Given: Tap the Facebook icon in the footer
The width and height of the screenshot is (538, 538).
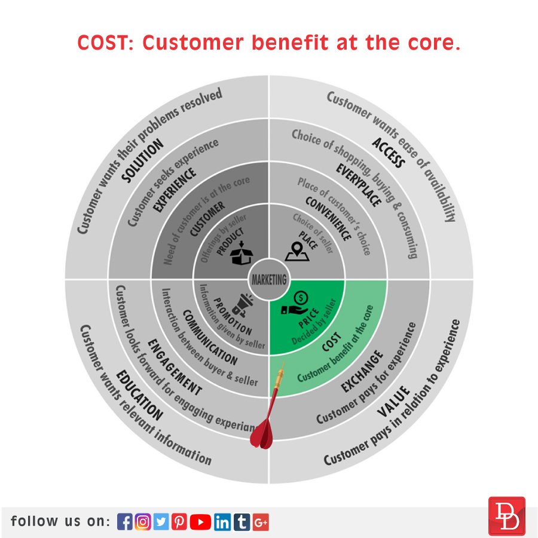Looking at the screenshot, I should click(125, 522).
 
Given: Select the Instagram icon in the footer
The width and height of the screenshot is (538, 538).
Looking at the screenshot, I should click(143, 522).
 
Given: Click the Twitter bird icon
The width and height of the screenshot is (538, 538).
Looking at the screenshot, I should click(161, 522).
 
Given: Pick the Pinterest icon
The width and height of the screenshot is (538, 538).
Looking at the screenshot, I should click(179, 522).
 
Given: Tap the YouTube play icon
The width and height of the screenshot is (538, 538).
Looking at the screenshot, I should click(201, 522).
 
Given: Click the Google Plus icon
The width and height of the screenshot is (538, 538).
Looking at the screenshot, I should click(261, 522).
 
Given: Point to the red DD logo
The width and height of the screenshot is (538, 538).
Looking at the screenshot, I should click(506, 515).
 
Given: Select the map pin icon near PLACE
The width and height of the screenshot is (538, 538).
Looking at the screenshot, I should click(297, 252).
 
